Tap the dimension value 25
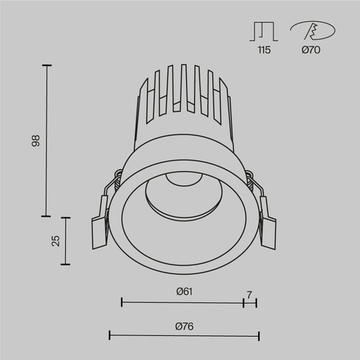[x=55, y=241]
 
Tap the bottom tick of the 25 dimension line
[x=66, y=265]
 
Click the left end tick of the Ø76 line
[x=110, y=335]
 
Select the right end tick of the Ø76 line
[x=258, y=335]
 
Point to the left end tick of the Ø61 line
[x=121, y=302]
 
